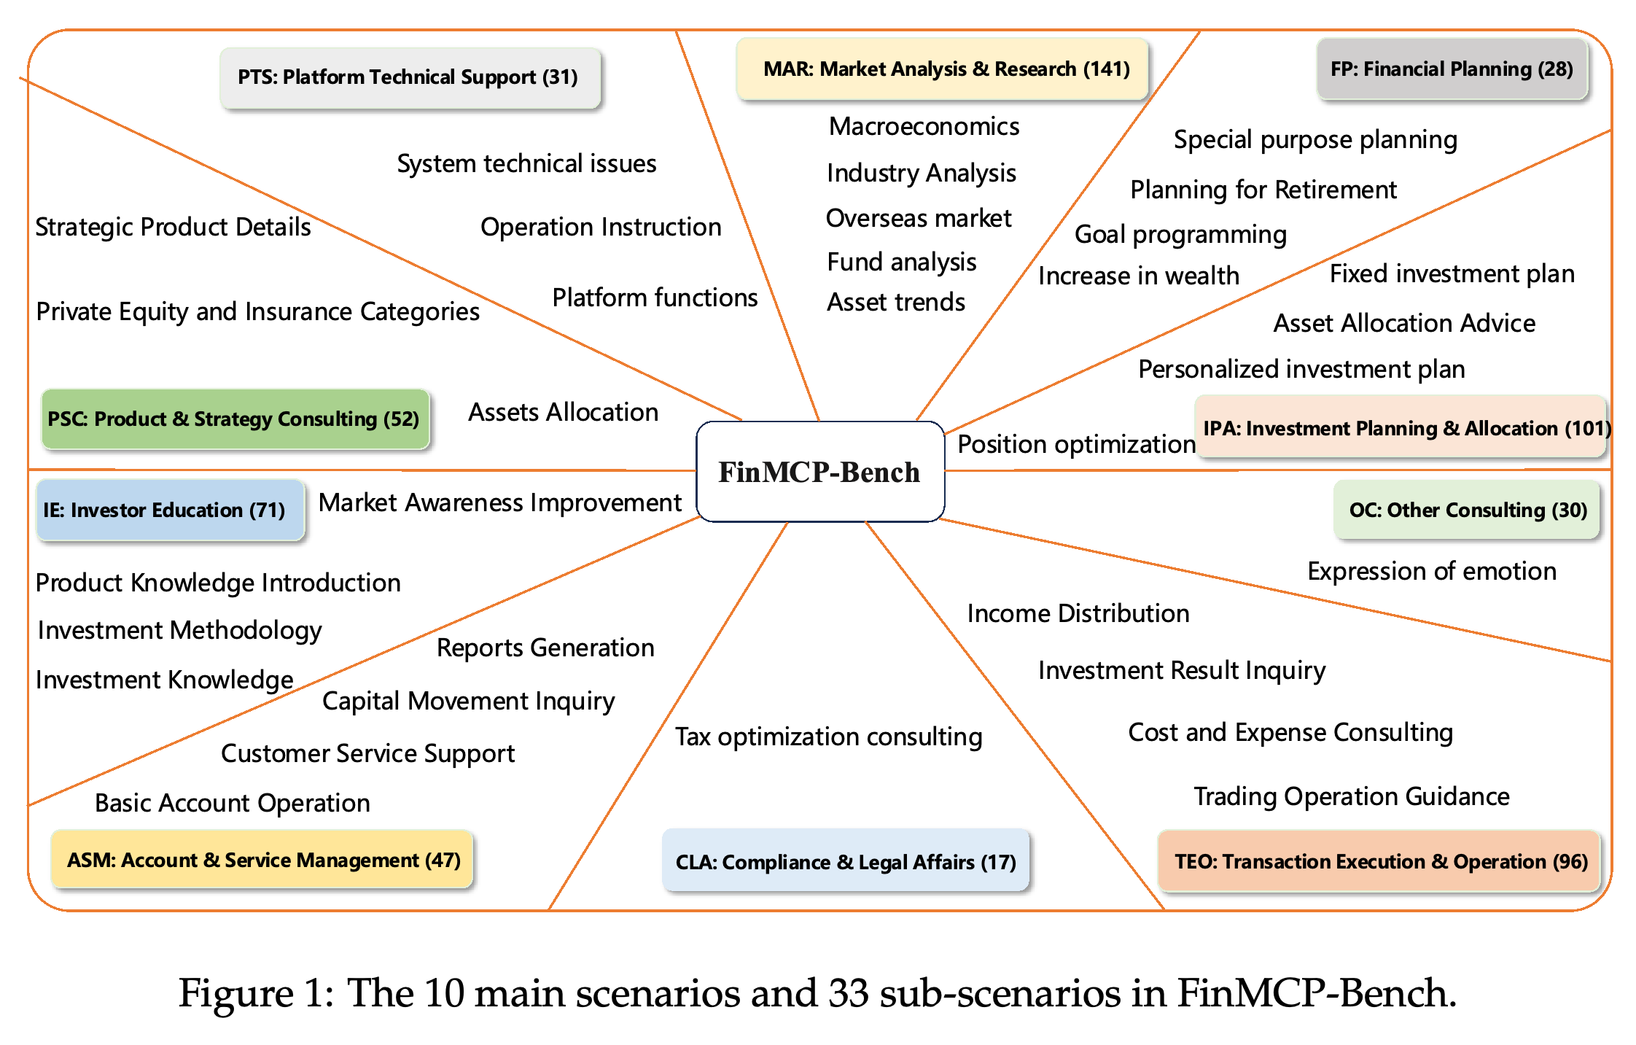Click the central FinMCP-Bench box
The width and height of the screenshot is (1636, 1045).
pos(820,471)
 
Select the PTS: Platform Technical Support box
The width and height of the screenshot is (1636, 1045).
pos(410,78)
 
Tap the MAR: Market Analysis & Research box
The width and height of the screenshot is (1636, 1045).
pos(942,69)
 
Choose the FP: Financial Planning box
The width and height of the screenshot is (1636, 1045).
pos(1452,69)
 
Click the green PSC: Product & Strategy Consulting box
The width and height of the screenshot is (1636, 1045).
pos(235,419)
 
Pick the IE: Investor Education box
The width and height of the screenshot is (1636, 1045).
pos(170,510)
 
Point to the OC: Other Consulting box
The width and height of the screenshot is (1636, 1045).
pos(1467,510)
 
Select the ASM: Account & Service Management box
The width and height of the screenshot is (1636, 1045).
pos(262,860)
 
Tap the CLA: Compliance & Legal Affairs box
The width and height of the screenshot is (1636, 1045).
pos(846,861)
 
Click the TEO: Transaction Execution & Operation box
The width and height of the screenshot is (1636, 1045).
pos(1379,861)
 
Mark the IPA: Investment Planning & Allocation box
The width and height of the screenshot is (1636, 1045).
pos(1401,427)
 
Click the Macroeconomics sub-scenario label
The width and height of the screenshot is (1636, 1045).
pos(924,127)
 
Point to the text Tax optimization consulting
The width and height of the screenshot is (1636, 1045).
pos(829,737)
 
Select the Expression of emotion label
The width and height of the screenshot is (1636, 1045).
pos(1432,572)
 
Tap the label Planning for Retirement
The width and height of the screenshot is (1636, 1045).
pos(1263,190)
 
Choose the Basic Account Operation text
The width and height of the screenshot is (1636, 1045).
pos(233,804)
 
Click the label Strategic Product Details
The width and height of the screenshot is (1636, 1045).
pos(174,228)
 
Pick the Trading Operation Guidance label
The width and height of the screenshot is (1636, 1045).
pos(1352,797)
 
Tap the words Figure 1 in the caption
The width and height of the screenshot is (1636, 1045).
pos(252,993)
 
